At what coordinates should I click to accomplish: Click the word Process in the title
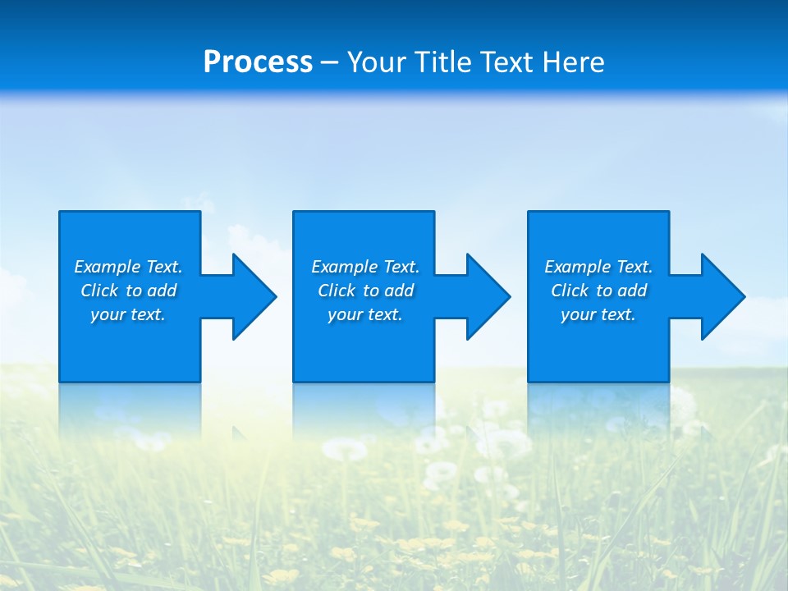click(x=258, y=62)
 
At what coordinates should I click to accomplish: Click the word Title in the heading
click(x=442, y=62)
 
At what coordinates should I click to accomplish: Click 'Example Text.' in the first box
click(x=128, y=267)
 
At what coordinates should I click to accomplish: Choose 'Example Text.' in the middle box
click(x=365, y=267)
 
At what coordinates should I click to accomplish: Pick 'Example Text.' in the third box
click(x=598, y=267)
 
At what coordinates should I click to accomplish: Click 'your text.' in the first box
click(x=128, y=314)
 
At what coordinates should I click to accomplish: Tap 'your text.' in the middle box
click(x=365, y=314)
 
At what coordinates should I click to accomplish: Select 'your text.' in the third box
click(x=598, y=314)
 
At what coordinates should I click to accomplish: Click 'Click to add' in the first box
click(x=128, y=291)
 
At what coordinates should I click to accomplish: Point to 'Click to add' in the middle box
click(x=365, y=291)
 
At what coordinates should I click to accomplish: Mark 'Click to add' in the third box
click(x=598, y=291)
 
